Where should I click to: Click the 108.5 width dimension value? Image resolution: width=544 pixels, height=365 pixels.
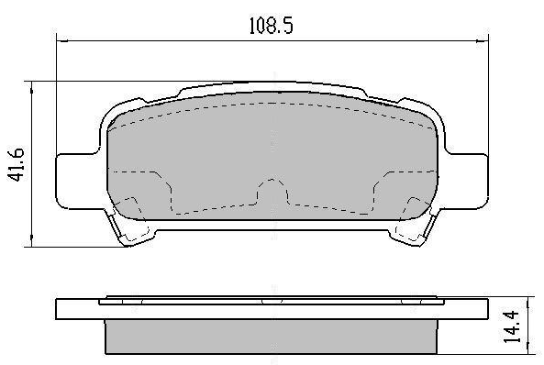click(272, 26)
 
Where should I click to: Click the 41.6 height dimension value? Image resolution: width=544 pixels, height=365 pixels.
click(16, 164)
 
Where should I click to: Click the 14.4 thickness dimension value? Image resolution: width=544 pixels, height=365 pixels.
click(513, 326)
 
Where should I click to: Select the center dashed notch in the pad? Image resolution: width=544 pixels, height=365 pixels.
click(272, 192)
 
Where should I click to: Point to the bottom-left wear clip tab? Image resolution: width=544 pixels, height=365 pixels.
click(130, 226)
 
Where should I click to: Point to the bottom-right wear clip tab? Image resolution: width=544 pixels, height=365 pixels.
click(413, 226)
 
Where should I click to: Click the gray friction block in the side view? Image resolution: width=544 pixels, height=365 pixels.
click(271, 337)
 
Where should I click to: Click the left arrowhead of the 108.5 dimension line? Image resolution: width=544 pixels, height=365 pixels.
click(61, 41)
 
